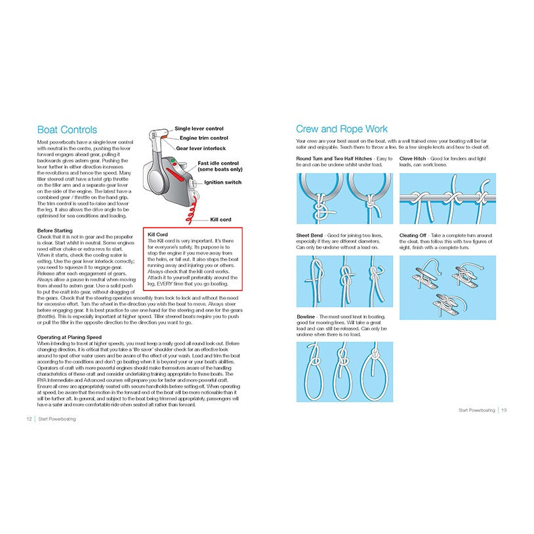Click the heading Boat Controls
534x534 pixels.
67,130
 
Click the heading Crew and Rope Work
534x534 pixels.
341,129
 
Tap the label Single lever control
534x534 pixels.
199,129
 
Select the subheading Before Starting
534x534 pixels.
54,231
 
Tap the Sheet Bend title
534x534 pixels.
310,235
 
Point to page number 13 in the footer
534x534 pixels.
504,411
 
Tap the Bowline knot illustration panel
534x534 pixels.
344,371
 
